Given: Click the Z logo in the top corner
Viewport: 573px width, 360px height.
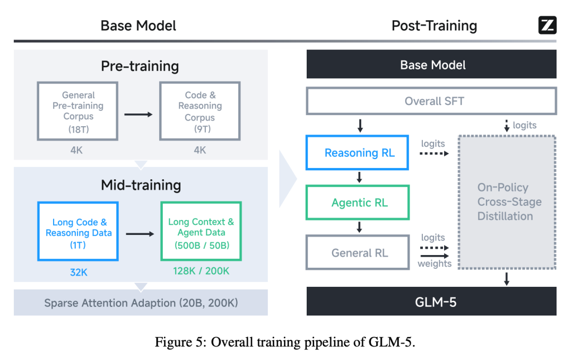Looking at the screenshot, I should click(x=547, y=25).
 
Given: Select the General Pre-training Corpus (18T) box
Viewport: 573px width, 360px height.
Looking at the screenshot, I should click(x=78, y=111).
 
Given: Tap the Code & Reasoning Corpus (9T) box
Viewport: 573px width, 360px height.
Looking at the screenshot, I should click(x=200, y=111).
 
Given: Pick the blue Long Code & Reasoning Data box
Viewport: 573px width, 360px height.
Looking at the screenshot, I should click(x=78, y=231).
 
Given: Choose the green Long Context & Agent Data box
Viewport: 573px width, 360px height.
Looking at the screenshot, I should click(x=201, y=231).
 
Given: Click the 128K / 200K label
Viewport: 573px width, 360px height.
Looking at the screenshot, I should click(x=201, y=270).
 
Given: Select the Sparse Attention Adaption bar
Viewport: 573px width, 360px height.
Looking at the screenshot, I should click(x=141, y=303).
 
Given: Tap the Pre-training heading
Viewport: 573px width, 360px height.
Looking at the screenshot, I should click(x=140, y=66).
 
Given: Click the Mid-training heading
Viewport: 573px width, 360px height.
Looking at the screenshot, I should click(x=141, y=185).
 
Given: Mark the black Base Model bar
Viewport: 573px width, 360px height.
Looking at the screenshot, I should click(x=432, y=65).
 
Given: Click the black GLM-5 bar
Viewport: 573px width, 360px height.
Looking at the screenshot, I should click(x=432, y=302).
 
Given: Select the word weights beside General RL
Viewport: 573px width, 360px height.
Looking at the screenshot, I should click(x=434, y=264).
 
